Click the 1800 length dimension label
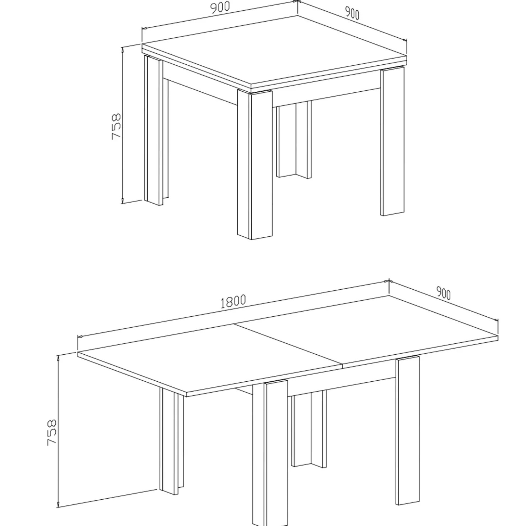click(x=233, y=301)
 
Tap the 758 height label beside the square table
click(x=117, y=126)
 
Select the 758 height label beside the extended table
click(x=52, y=432)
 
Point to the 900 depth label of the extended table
click(x=443, y=294)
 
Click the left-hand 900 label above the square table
click(x=220, y=7)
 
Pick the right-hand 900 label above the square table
click(x=352, y=13)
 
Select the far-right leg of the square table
click(x=392, y=142)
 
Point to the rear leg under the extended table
click(x=308, y=430)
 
